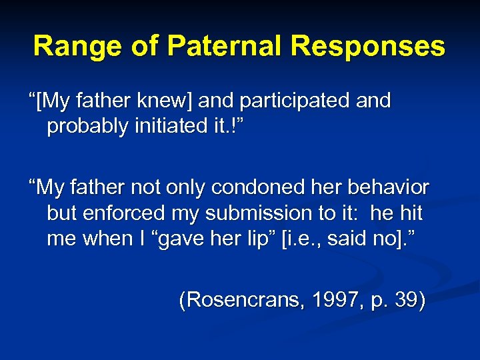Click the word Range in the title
[67, 47]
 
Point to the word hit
[411, 213]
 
